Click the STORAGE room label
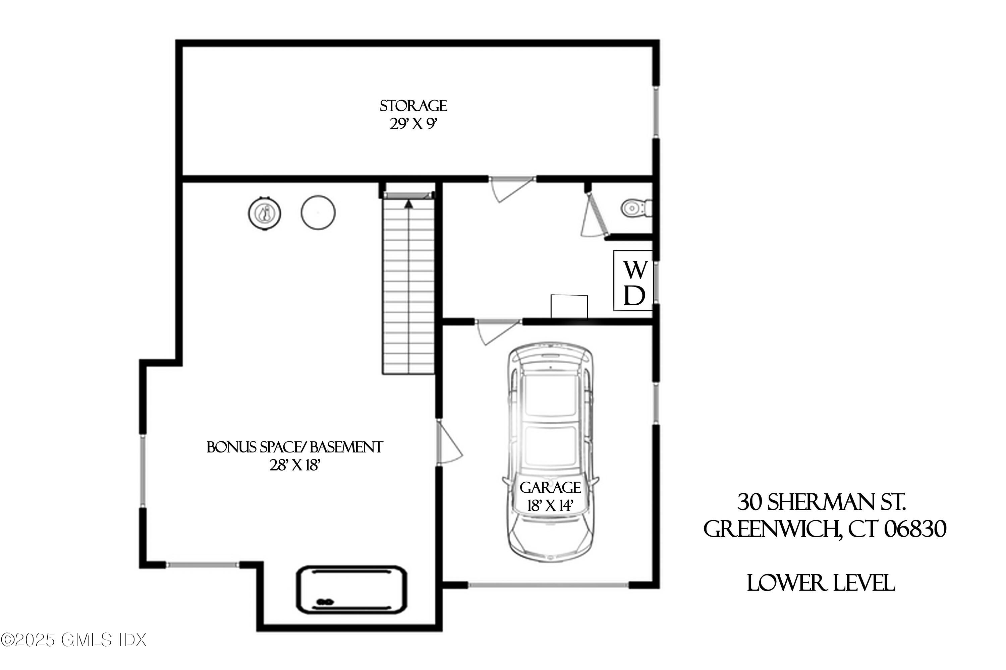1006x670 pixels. pos(413,106)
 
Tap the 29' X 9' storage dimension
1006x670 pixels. pos(413,124)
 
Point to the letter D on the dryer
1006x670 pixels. pos(634,295)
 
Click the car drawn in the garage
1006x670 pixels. pos(550,419)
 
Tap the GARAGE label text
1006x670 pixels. pos(550,488)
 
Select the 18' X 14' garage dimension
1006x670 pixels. pos(550,506)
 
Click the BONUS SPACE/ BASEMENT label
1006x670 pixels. pos(294,447)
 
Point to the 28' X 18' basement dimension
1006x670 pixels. pos(294,465)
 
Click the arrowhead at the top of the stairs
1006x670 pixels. pos(409,204)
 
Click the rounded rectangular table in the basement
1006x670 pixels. pos(351,589)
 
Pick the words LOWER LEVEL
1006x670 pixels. pos(821,583)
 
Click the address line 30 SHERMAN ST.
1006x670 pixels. pos(821,502)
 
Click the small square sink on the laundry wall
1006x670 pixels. pos(569,306)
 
